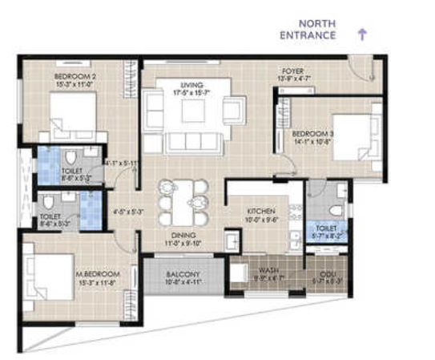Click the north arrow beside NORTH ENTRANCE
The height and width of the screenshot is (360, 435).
click(x=362, y=34)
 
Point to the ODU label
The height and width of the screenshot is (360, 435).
click(x=328, y=270)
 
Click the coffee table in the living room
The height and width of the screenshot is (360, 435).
click(x=193, y=110)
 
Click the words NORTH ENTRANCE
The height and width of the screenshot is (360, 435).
click(x=307, y=30)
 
